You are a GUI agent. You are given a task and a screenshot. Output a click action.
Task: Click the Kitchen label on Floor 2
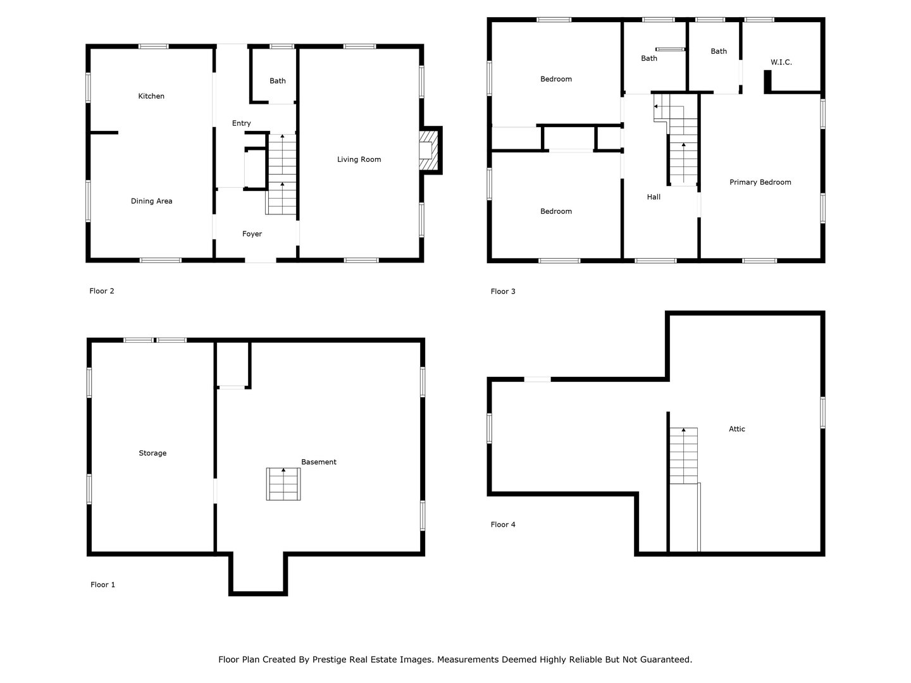(151, 96)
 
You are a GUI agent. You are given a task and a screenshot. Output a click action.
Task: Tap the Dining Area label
(151, 201)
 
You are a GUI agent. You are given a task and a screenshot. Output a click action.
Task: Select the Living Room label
(359, 159)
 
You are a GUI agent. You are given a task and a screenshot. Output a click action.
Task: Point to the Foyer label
(252, 234)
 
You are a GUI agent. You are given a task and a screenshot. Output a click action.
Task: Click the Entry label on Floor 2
(241, 123)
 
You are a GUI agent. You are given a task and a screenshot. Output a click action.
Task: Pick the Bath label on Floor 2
(277, 81)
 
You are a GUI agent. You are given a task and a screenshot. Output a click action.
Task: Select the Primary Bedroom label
(760, 182)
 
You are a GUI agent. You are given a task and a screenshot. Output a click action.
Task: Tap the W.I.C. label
(781, 62)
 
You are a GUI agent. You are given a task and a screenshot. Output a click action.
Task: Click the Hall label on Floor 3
(654, 197)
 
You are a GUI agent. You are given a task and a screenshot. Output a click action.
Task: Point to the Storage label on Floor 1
(152, 453)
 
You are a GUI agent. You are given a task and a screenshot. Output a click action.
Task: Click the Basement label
(318, 462)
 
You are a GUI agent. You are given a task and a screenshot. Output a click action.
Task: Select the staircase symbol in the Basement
(283, 484)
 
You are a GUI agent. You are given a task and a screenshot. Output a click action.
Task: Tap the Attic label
(736, 429)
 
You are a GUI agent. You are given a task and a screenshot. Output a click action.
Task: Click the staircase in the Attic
(683, 455)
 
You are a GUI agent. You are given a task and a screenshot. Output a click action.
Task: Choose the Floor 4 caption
(503, 524)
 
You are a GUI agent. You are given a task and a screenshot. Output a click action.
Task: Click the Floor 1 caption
(102, 585)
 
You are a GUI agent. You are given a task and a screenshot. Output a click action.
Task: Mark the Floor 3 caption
(503, 292)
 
